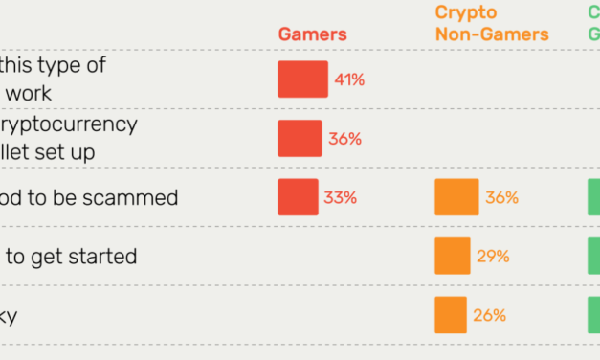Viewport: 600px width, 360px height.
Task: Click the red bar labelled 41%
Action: click(x=302, y=79)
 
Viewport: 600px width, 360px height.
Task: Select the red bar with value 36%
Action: click(x=300, y=139)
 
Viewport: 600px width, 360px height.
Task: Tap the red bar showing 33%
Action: click(x=298, y=197)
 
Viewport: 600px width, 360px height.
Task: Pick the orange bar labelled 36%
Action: click(x=456, y=197)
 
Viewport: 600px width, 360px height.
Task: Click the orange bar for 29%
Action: click(x=452, y=257)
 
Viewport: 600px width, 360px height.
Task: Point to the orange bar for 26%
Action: click(x=450, y=315)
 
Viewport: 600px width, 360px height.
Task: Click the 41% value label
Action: click(x=349, y=79)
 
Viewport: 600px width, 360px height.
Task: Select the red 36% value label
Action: click(x=344, y=139)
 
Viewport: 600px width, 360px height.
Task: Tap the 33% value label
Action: click(x=340, y=198)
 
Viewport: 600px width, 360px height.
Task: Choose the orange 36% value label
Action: click(x=501, y=198)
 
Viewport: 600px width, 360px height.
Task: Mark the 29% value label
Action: click(x=492, y=257)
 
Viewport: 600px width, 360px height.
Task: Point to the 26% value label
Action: click(x=489, y=315)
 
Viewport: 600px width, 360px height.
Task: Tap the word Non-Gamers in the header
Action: click(x=492, y=35)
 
